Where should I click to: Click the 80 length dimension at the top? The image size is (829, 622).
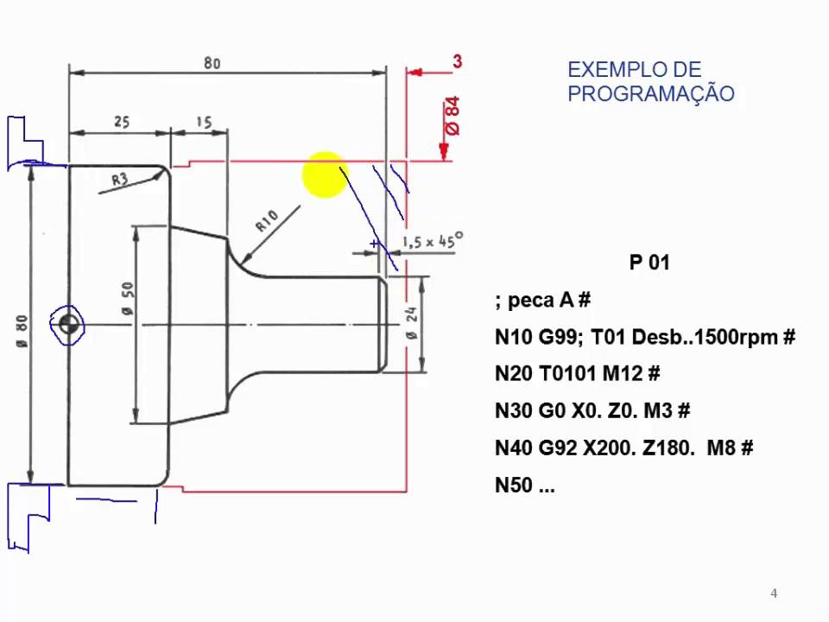click(212, 62)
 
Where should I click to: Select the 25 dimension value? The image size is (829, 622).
click(121, 122)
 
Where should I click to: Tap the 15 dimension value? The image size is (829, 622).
click(204, 122)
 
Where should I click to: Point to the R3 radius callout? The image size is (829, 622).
click(120, 179)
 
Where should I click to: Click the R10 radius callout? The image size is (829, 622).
click(267, 221)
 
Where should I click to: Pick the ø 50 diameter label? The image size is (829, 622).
click(128, 298)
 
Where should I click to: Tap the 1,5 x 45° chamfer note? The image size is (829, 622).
click(432, 242)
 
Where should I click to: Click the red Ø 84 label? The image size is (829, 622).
click(452, 116)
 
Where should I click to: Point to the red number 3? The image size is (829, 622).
click(457, 61)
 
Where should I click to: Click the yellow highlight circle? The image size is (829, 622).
click(325, 175)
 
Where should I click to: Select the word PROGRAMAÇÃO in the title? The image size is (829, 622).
click(651, 93)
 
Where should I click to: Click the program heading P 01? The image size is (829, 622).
click(649, 263)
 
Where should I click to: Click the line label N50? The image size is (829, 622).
click(513, 486)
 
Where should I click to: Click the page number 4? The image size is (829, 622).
click(774, 593)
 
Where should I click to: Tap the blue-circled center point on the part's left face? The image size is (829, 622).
click(68, 325)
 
